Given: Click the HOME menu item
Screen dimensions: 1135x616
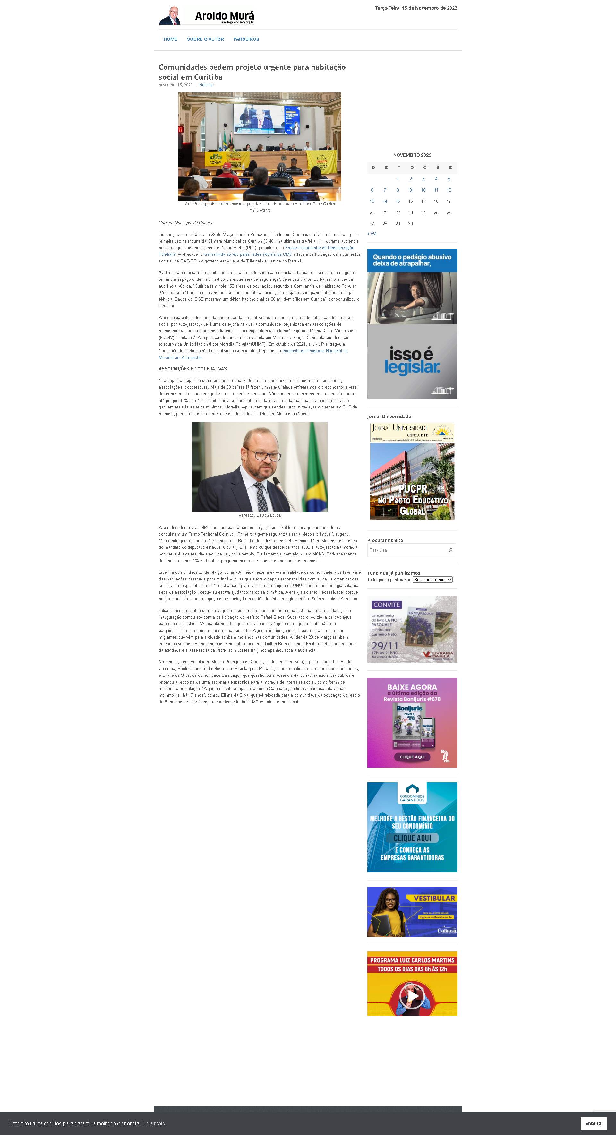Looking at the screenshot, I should (x=170, y=39).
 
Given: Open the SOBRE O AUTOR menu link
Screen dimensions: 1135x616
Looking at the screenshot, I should (x=205, y=39).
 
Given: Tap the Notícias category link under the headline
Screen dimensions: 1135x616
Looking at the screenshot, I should (x=206, y=85).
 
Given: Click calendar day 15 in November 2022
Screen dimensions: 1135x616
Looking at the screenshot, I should (x=398, y=201).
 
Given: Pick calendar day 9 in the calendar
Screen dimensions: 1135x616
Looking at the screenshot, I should (x=410, y=190).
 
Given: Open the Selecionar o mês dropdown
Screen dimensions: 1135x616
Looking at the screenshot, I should (x=432, y=580).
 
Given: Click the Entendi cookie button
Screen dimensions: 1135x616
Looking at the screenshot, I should (x=594, y=1123).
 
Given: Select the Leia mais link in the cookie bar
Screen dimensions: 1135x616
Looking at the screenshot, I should (x=153, y=1123).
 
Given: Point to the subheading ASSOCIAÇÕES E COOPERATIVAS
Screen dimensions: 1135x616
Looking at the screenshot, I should (x=193, y=369).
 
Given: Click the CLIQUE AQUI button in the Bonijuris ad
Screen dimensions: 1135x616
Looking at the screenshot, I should (x=412, y=757).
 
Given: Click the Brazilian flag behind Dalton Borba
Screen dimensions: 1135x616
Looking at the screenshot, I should (x=316, y=476).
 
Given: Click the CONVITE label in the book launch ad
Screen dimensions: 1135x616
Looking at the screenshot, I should (x=386, y=605).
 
